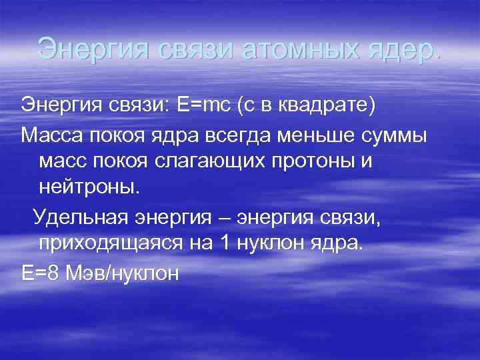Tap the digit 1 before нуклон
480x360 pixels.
tap(223, 243)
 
